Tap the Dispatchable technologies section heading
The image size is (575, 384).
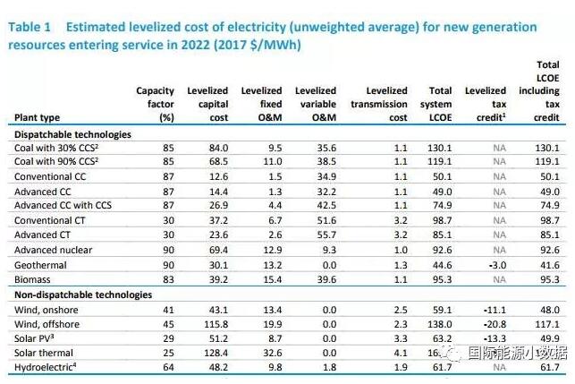72,134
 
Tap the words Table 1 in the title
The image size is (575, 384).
30,28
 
